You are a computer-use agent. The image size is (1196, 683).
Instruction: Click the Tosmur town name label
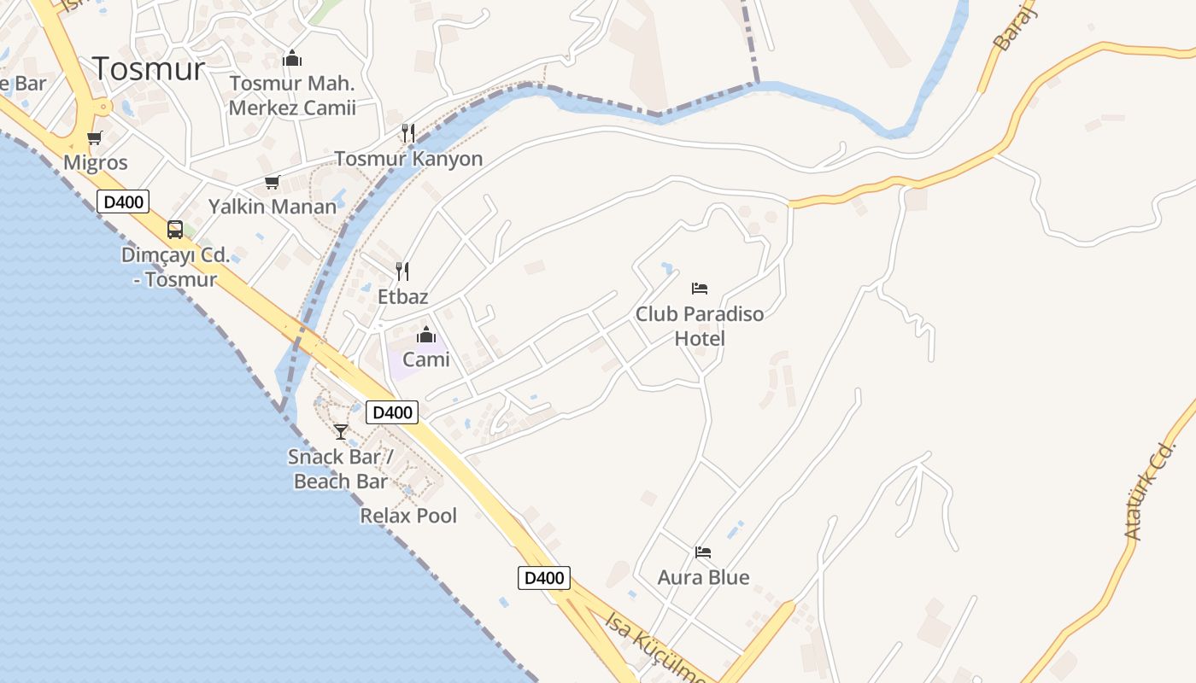pos(149,68)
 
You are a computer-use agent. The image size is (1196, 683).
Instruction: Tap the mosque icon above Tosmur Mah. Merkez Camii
pos(292,59)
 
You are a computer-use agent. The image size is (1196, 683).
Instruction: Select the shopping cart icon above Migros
pos(95,137)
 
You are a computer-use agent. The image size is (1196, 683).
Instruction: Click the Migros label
pos(96,162)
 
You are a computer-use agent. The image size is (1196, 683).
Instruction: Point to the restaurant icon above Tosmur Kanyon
pos(408,132)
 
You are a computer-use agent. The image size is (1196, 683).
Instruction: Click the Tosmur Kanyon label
pos(408,159)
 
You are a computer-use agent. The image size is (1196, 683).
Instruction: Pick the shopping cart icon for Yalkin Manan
pos(273,182)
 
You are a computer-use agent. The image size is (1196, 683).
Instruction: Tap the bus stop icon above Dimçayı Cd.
pos(175,229)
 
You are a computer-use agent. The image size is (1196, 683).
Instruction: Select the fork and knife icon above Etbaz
pos(402,271)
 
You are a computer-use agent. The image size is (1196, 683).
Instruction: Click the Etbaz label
pos(402,297)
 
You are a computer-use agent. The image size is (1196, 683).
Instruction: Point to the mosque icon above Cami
pos(425,335)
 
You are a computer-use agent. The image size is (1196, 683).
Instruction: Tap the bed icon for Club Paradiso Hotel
pos(700,288)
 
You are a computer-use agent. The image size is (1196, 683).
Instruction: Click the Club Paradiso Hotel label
pos(700,326)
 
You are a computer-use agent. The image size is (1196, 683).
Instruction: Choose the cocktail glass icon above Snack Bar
pos(341,431)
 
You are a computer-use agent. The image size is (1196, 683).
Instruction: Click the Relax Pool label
pos(408,516)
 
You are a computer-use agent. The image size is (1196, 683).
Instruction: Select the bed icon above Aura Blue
pos(703,552)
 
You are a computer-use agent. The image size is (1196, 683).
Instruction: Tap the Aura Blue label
pos(703,578)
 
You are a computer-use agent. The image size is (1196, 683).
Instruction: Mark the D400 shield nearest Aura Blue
pos(544,578)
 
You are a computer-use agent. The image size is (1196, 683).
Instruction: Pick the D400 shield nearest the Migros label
pos(124,201)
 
